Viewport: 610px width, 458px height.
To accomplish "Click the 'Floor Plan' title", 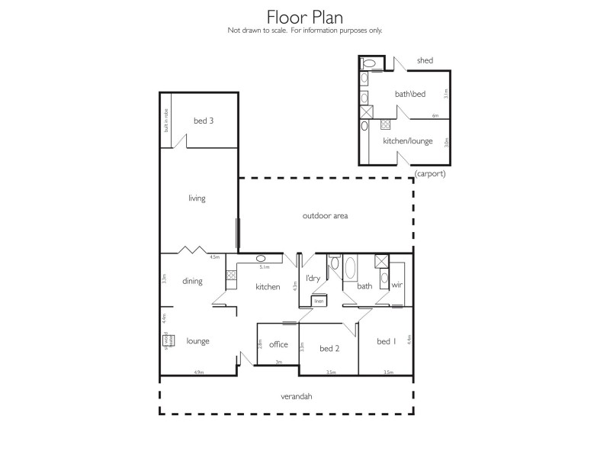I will [x=305, y=17].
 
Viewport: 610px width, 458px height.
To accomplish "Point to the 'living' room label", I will [x=197, y=198].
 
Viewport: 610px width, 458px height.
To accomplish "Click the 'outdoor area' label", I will [x=325, y=216].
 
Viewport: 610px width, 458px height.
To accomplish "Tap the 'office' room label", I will [x=278, y=344].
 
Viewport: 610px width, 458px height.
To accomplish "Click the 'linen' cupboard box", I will [x=318, y=301].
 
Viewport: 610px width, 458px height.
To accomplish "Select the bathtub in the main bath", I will [x=350, y=269].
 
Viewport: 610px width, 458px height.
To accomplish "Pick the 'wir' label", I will [x=396, y=285].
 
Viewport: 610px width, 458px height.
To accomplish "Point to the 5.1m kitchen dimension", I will [x=265, y=268].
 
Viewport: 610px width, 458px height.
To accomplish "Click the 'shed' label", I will [x=425, y=61].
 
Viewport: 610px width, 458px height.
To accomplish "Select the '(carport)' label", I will [x=430, y=173].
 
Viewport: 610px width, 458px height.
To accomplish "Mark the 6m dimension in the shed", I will [x=435, y=116].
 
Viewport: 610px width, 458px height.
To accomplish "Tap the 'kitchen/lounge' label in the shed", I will [x=407, y=141].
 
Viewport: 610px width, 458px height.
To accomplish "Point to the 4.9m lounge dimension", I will [x=197, y=373].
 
